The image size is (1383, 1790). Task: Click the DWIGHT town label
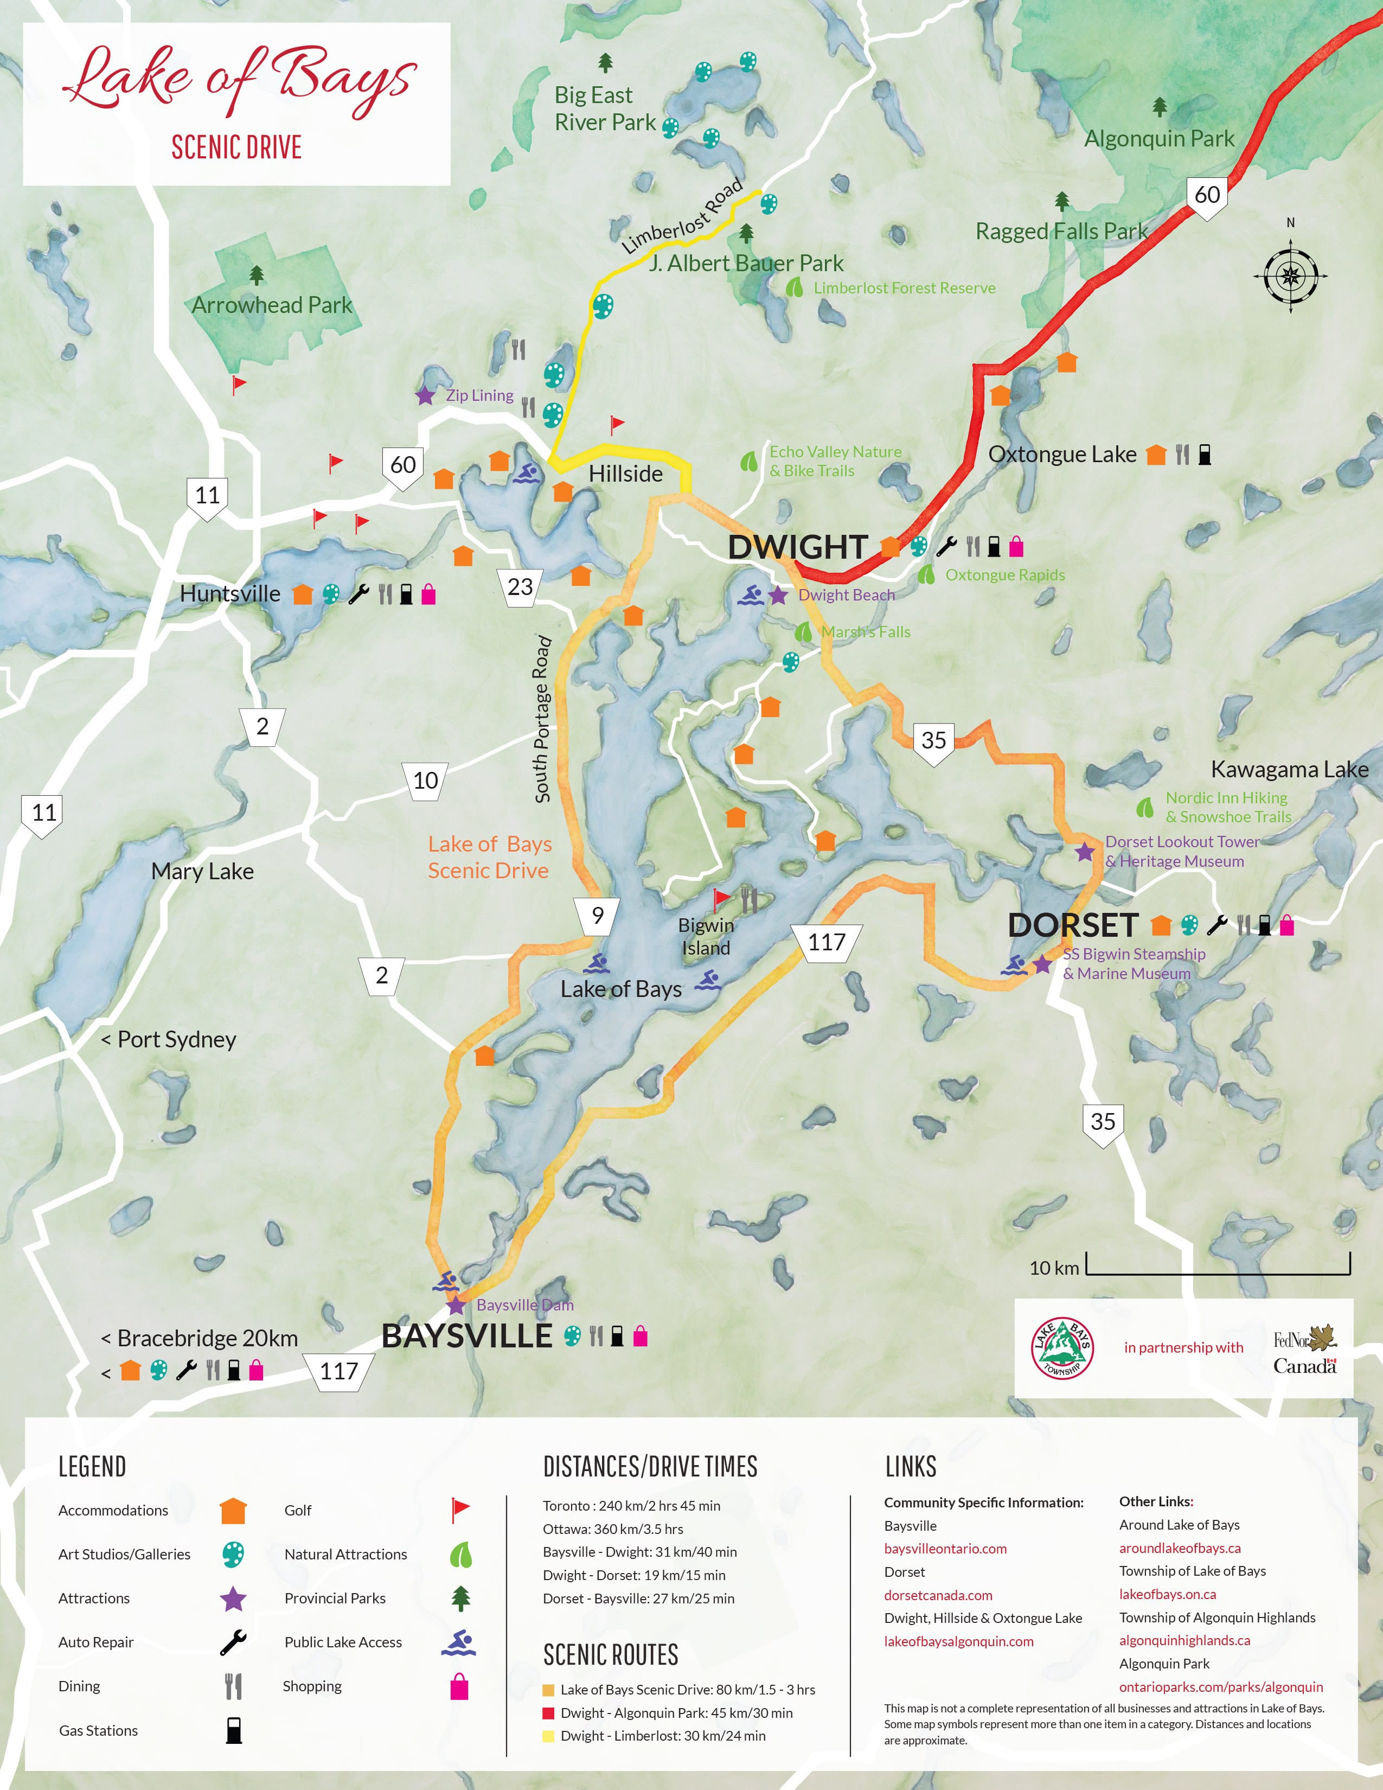[797, 547]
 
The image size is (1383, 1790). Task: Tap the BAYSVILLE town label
[467, 1336]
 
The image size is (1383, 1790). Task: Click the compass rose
[1290, 276]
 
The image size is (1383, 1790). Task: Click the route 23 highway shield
[520, 587]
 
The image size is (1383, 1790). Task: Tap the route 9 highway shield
[597, 916]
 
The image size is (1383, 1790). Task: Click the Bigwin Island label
[706, 936]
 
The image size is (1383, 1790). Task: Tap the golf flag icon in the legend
[460, 1510]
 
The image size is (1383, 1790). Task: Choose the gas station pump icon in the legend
[234, 1730]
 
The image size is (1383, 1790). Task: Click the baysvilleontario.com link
[945, 1548]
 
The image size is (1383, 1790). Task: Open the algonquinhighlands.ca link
[1184, 1640]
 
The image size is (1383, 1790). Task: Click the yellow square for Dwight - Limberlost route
[548, 1736]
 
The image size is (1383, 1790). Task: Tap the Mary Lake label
[202, 871]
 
